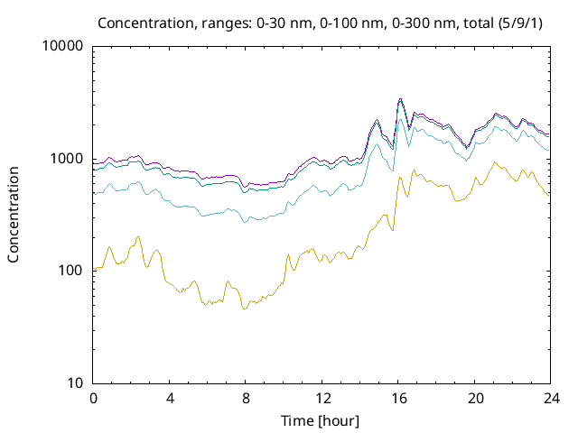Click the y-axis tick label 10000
pyautogui.click(x=63, y=47)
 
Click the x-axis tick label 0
pyautogui.click(x=93, y=398)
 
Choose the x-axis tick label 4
pyautogui.click(x=169, y=398)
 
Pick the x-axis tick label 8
pyautogui.click(x=245, y=398)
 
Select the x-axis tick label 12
pyautogui.click(x=322, y=398)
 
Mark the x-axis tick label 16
pyautogui.click(x=397, y=398)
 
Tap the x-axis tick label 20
pyautogui.click(x=473, y=398)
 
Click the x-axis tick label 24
pyautogui.click(x=549, y=398)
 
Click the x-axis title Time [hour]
pyautogui.click(x=321, y=420)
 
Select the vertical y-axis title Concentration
pyautogui.click(x=14, y=215)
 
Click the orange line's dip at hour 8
pyautogui.click(x=244, y=309)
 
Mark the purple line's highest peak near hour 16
pyautogui.click(x=400, y=99)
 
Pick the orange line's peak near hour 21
pyautogui.click(x=495, y=162)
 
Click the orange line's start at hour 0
pyautogui.click(x=94, y=269)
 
